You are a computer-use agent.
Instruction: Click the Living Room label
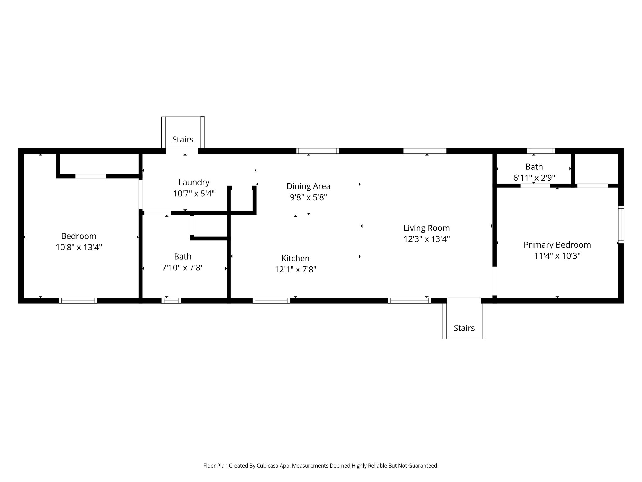tap(426, 228)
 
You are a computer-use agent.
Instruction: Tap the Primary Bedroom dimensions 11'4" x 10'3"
tap(557, 256)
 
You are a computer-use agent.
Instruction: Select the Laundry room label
tap(194, 182)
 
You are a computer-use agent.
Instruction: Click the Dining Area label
tap(308, 186)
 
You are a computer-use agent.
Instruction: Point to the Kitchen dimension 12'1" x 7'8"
tap(295, 270)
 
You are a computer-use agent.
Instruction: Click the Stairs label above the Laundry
tap(183, 139)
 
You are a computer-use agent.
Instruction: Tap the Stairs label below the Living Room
tap(464, 328)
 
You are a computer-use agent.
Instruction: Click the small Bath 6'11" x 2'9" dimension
tap(534, 178)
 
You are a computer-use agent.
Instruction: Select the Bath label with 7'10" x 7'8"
tap(182, 256)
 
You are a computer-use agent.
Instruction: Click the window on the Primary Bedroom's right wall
tap(621, 224)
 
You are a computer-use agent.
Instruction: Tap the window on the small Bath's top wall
tap(540, 151)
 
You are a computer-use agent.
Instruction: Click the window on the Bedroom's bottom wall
tap(78, 301)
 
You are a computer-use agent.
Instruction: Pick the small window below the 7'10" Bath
tap(171, 301)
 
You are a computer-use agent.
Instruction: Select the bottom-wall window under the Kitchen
tap(271, 301)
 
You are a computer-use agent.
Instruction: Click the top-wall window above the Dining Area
tap(318, 151)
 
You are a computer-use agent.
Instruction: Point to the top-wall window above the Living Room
tap(425, 151)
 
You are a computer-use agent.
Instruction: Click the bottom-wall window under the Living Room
tap(409, 301)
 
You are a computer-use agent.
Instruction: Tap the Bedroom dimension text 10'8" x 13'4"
tap(79, 248)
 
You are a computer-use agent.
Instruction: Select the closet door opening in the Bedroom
tap(91, 176)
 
